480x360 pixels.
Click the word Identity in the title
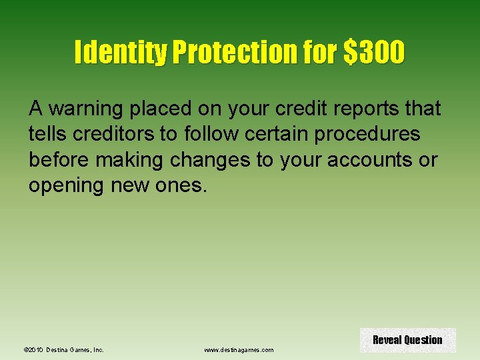point(121,53)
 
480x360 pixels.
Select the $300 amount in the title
point(373,53)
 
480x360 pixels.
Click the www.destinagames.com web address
point(239,349)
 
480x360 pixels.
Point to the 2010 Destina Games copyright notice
point(64,349)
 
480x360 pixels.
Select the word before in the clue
point(61,160)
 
